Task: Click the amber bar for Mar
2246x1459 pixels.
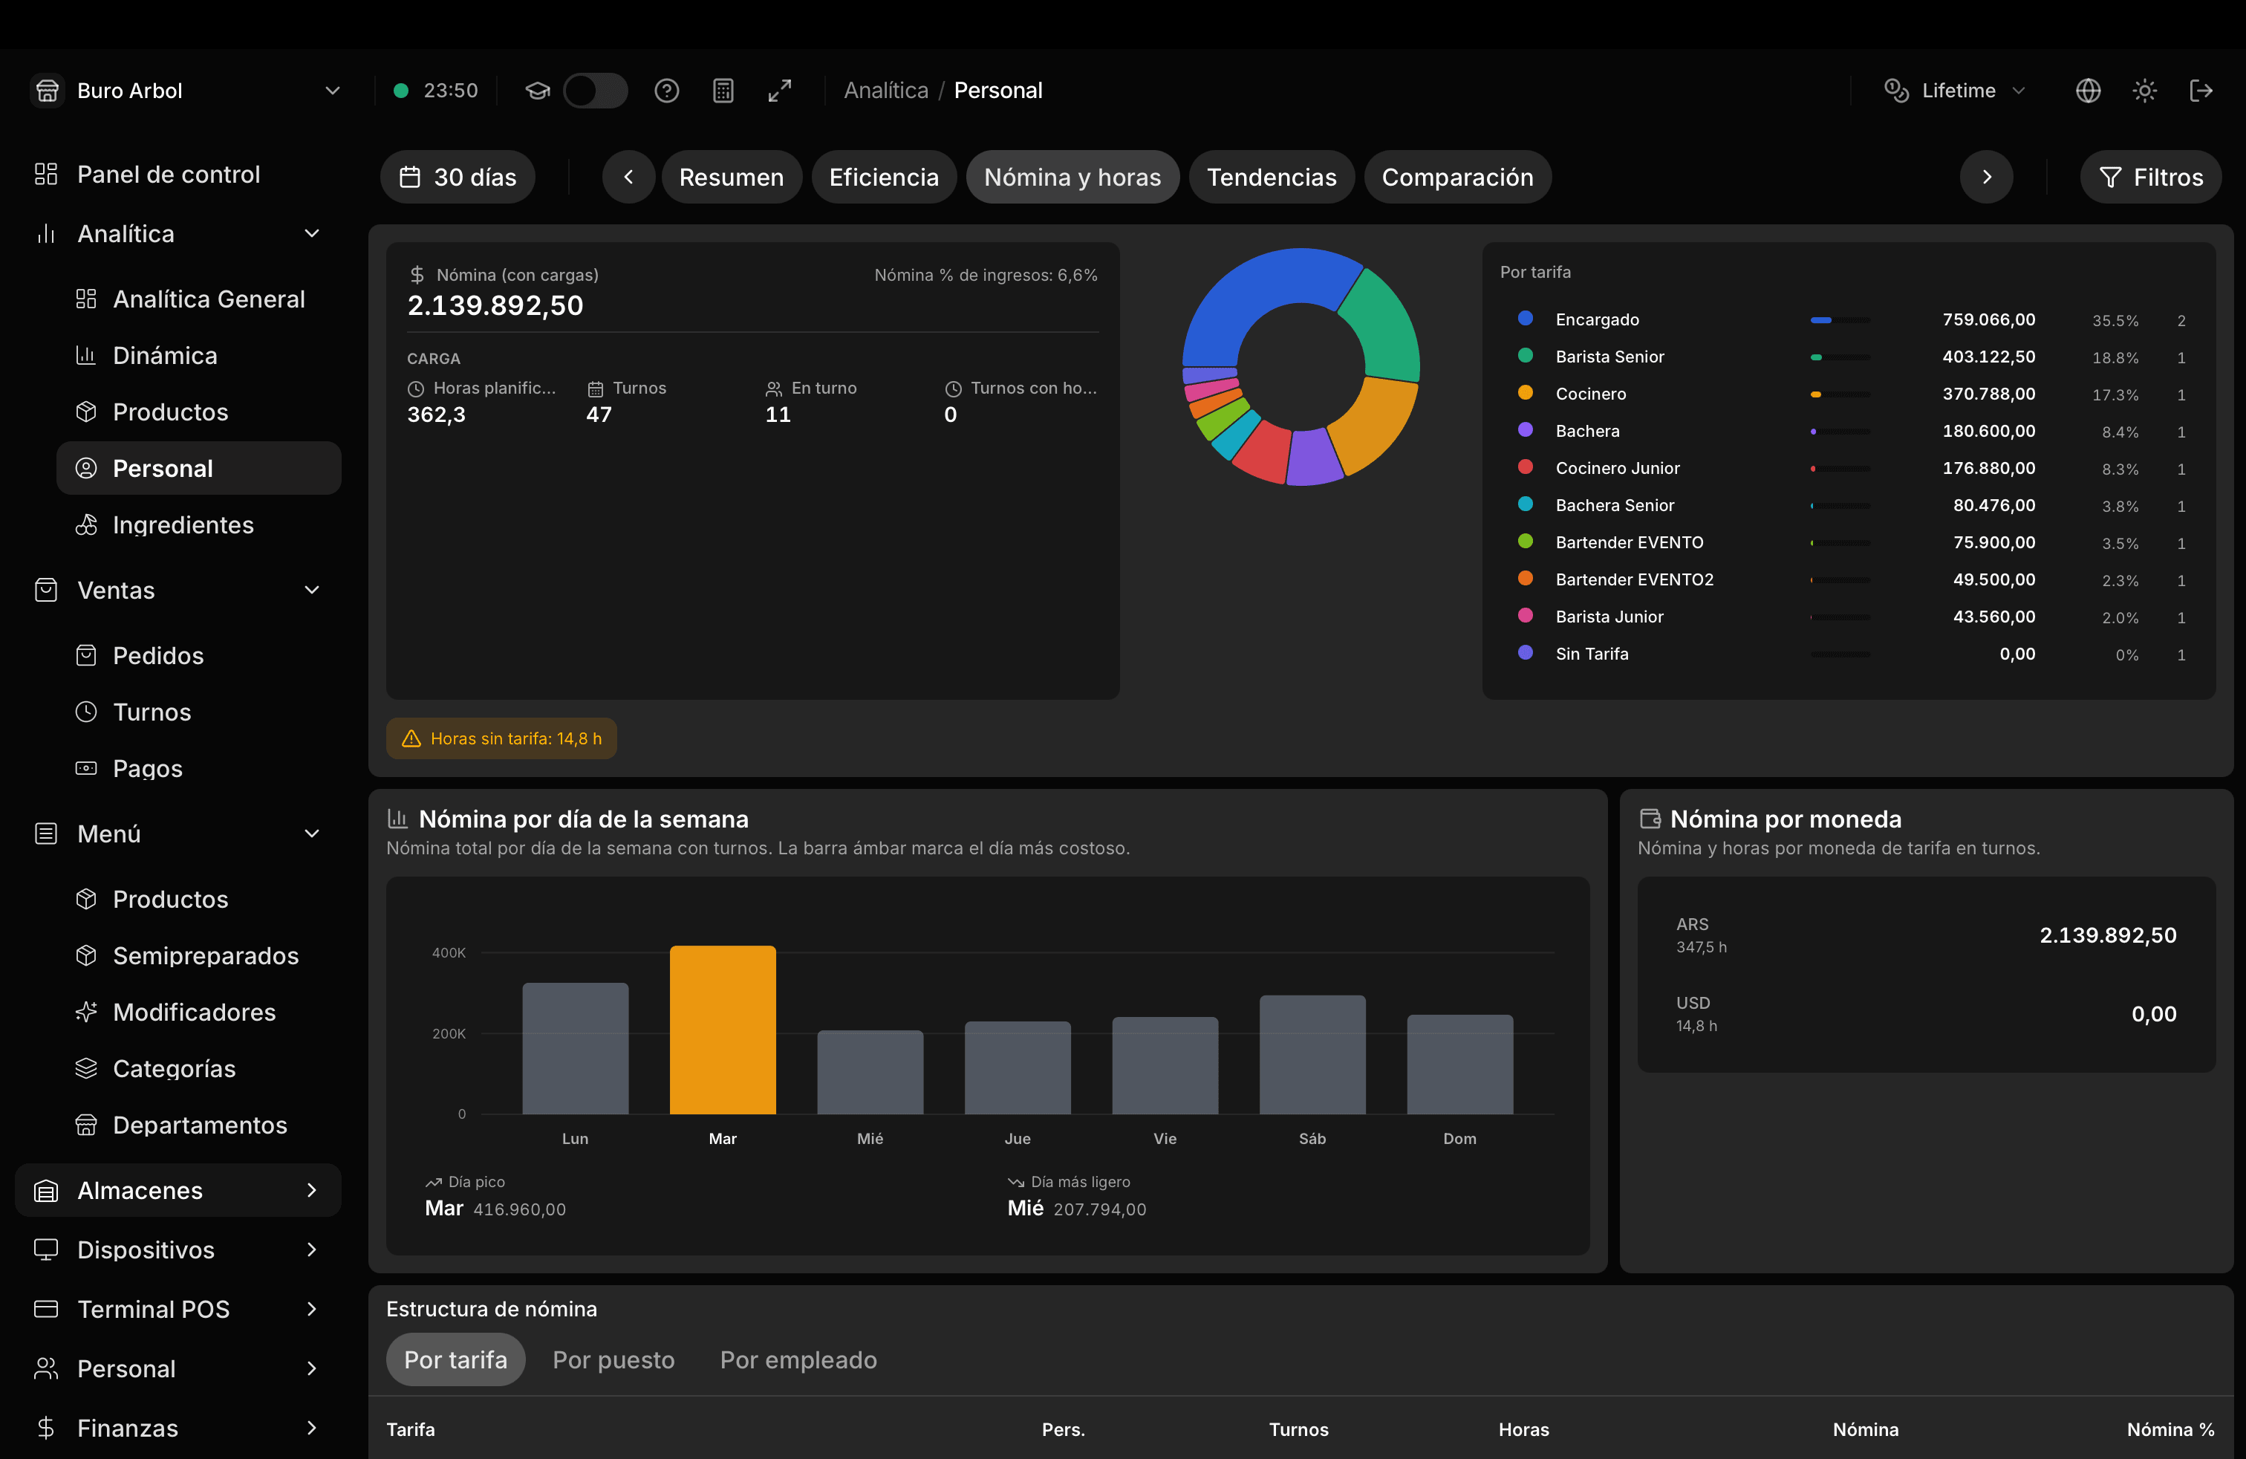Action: pyautogui.click(x=723, y=1030)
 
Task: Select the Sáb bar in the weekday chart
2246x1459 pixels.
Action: pyautogui.click(x=1312, y=1054)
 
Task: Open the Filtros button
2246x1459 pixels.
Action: pyautogui.click(x=2151, y=177)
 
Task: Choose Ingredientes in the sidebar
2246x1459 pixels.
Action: pyautogui.click(x=183, y=524)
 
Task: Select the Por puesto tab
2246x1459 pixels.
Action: pyautogui.click(x=613, y=1360)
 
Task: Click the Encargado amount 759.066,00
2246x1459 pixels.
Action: pyautogui.click(x=1988, y=320)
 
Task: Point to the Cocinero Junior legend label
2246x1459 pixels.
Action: pyautogui.click(x=1618, y=468)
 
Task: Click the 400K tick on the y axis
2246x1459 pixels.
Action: pyautogui.click(x=449, y=953)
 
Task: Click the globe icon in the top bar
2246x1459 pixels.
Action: pyautogui.click(x=2089, y=91)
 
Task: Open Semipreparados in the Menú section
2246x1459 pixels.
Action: pyautogui.click(x=206, y=956)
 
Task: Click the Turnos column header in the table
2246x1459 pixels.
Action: pyautogui.click(x=1298, y=1430)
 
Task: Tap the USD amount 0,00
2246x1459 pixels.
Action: pyautogui.click(x=2153, y=1015)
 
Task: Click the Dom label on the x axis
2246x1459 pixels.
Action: pyautogui.click(x=1460, y=1139)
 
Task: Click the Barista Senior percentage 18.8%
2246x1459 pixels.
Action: pyautogui.click(x=2115, y=357)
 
